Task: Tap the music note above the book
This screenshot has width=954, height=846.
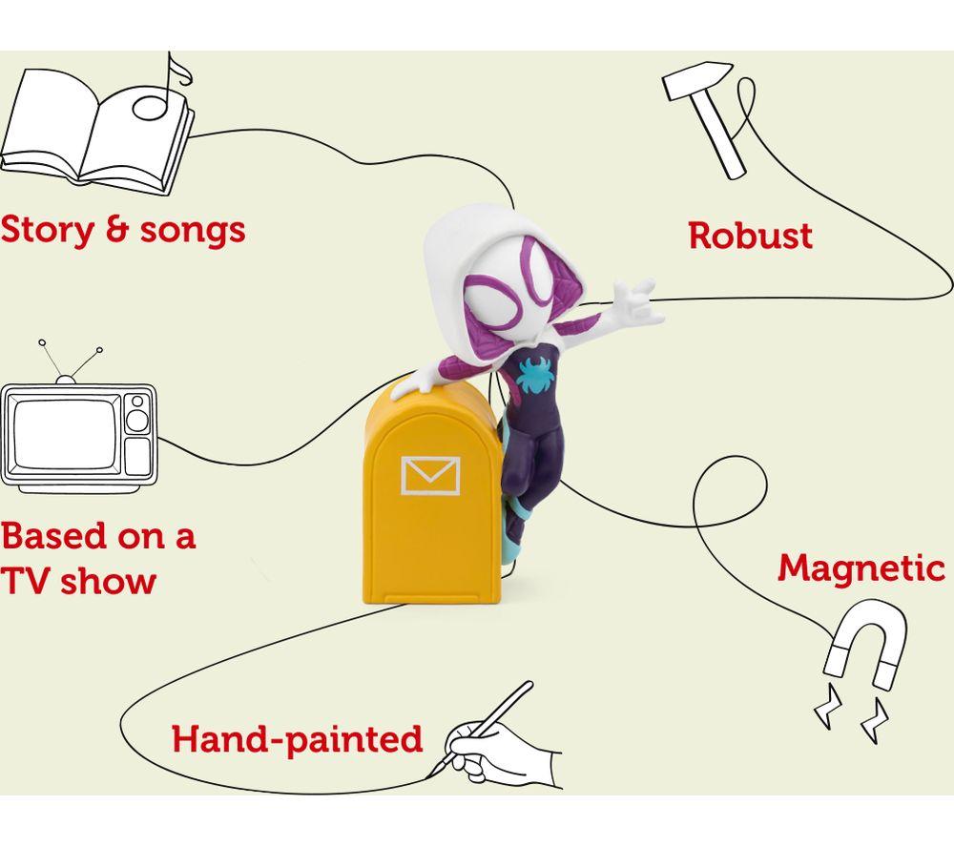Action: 161,92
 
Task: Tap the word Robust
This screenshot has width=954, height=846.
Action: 750,236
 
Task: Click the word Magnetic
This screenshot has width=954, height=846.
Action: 861,569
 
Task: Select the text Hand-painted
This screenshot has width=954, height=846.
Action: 298,739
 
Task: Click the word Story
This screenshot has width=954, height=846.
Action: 48,231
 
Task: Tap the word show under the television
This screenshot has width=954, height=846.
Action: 109,581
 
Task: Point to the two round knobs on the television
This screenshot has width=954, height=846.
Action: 137,414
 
